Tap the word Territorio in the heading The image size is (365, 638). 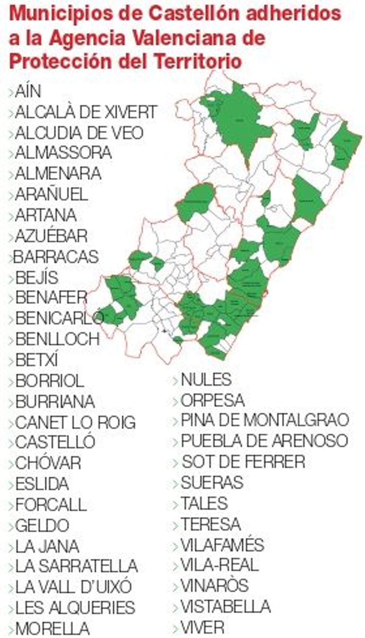click(198, 61)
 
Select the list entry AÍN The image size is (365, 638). click(28, 91)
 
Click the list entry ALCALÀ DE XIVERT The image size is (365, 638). click(86, 112)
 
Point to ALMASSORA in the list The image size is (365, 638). click(63, 153)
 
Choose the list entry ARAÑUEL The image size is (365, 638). click(51, 194)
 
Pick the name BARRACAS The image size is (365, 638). click(56, 257)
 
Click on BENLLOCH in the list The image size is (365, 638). click(57, 339)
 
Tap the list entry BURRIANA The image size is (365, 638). click(55, 402)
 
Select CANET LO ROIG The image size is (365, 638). click(75, 422)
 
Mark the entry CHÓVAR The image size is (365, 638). click(48, 463)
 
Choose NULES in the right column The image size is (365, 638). click(206, 380)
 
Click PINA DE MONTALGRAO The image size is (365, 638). click(265, 420)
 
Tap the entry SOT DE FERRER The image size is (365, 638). click(243, 462)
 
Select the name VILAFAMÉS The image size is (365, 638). click(222, 545)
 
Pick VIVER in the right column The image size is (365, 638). click(203, 627)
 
